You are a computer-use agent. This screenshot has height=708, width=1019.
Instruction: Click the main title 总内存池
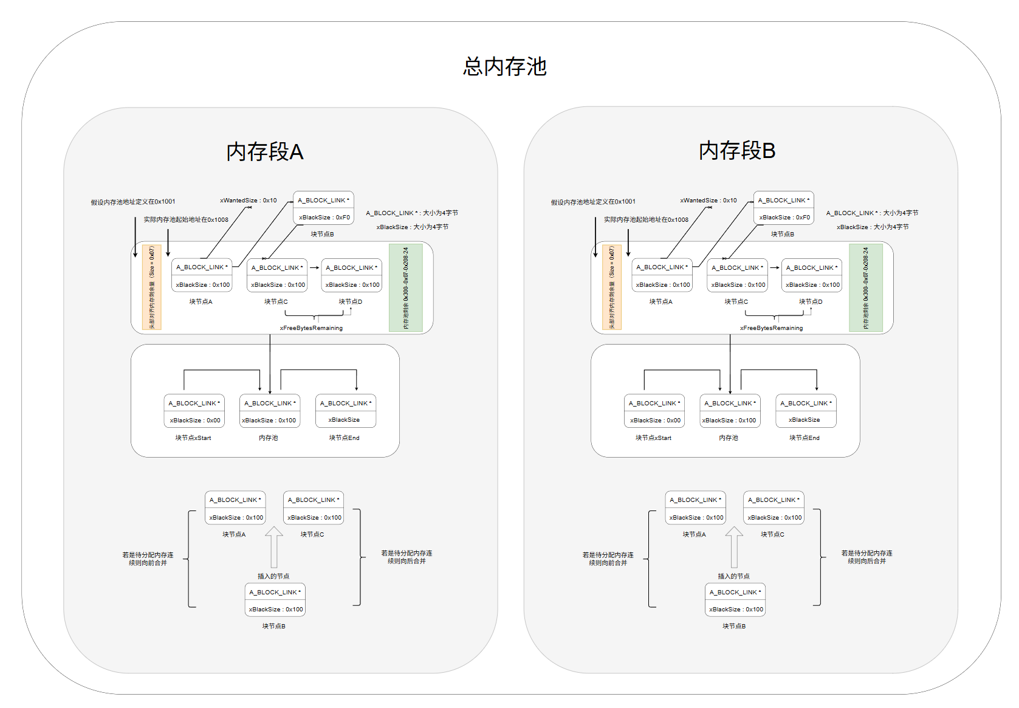[x=504, y=66]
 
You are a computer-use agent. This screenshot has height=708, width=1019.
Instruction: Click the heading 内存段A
[x=264, y=151]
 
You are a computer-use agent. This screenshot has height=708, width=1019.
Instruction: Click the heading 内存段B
[x=736, y=150]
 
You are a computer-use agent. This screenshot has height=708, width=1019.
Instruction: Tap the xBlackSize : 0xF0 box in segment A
[x=324, y=217]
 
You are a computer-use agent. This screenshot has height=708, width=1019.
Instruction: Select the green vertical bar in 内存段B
[x=865, y=288]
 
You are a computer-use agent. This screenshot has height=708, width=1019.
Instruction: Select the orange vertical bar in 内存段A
[x=151, y=288]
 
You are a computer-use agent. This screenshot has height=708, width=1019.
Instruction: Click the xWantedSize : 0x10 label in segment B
[x=708, y=200]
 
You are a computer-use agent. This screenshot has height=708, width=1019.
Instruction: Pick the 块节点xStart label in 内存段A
[x=193, y=438]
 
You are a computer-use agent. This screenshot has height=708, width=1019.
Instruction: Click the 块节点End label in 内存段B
[x=804, y=438]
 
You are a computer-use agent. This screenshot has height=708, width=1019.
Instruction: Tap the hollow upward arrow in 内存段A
[x=274, y=546]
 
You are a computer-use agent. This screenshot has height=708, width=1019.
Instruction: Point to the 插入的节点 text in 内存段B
[x=733, y=576]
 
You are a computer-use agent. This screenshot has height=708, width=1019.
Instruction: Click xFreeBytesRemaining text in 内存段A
[x=311, y=328]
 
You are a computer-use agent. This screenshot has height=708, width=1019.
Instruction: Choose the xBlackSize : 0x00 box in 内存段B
[x=655, y=420]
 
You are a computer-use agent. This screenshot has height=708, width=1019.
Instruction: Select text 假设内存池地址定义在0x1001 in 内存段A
[x=133, y=202]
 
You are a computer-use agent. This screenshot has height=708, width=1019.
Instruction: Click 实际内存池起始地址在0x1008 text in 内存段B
[x=646, y=219]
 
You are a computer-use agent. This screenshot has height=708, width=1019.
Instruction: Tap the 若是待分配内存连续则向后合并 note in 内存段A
[x=407, y=557]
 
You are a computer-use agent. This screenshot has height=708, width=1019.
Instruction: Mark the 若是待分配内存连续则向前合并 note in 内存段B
[x=608, y=558]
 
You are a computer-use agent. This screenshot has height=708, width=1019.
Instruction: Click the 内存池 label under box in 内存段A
[x=268, y=438]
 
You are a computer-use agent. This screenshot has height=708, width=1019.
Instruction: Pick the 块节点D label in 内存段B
[x=811, y=301]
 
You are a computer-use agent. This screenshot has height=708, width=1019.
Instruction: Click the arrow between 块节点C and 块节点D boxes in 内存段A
[x=314, y=267]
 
